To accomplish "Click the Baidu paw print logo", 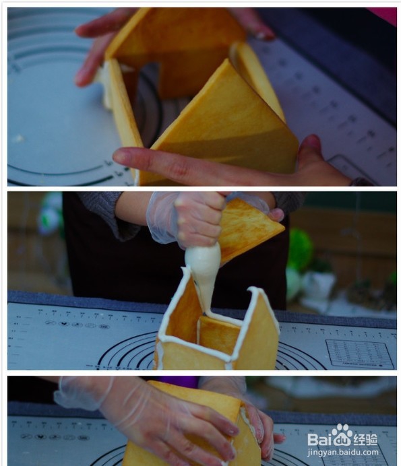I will pos(342,436).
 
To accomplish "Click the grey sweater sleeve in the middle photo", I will pos(108,212).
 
